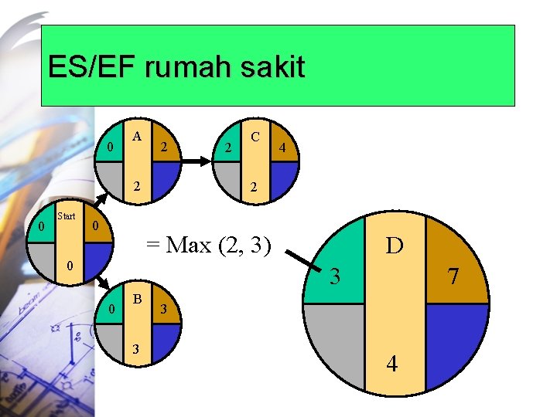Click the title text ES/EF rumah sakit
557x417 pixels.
[x=176, y=67]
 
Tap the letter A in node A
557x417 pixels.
[x=137, y=137]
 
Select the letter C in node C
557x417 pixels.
[x=254, y=137]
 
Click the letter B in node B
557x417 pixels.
[x=137, y=297]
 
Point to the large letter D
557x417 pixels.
[x=395, y=246]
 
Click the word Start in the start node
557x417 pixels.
[x=67, y=216]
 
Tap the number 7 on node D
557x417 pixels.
[x=453, y=275]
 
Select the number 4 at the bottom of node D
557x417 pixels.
[x=393, y=363]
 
